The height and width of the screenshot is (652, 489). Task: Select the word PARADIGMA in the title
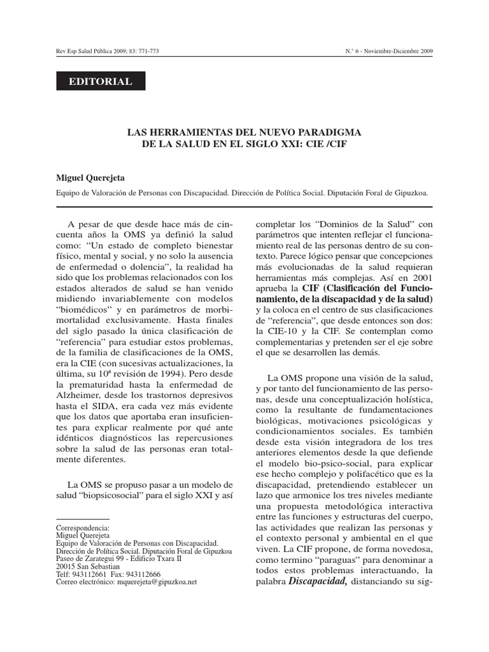pyautogui.click(x=330, y=132)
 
